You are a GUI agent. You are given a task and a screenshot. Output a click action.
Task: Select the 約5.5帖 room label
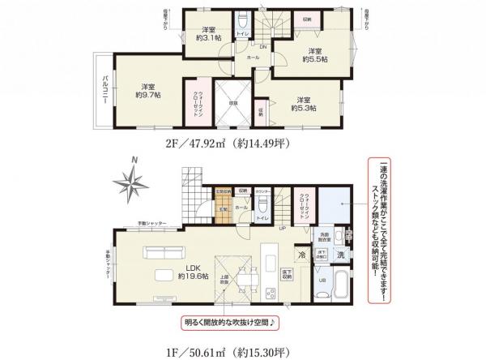click(313, 54)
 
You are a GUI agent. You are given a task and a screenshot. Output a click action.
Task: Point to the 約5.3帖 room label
click(305, 102)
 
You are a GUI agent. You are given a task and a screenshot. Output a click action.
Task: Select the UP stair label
click(281, 230)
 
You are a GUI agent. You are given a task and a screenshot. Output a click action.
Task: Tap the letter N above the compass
click(137, 161)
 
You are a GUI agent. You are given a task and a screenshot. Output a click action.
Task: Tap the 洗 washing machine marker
click(340, 255)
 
